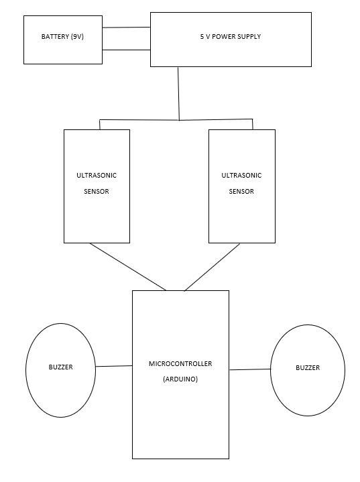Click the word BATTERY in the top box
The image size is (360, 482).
[x=55, y=37]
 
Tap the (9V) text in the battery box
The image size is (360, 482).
[x=77, y=37]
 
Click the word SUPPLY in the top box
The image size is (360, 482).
[x=249, y=37]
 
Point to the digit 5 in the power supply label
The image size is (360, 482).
[x=202, y=37]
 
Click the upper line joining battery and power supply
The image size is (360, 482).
[x=126, y=27]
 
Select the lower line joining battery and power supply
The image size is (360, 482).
[x=126, y=50]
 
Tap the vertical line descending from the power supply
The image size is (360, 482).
[x=178, y=93]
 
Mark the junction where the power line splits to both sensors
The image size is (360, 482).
[x=179, y=120]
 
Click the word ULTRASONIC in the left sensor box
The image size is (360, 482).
[x=97, y=176]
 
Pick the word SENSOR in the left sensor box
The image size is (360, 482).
[x=97, y=192]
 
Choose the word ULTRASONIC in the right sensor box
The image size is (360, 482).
[x=241, y=176]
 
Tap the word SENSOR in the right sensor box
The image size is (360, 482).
[x=241, y=192]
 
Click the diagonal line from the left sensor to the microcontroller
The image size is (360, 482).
[x=128, y=267]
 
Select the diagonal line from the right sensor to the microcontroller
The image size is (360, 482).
[x=212, y=267]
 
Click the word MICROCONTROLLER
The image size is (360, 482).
[x=180, y=363]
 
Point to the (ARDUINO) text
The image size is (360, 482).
[x=180, y=379]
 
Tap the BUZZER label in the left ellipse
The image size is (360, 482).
[x=61, y=367]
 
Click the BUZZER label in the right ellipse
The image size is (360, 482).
[x=308, y=367]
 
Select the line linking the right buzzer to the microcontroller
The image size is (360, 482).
[x=250, y=369]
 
